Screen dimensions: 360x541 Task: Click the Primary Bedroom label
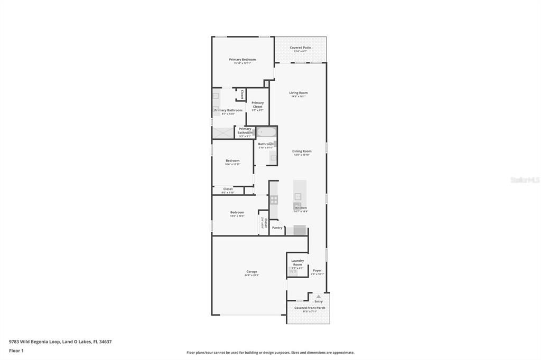click(x=242, y=60)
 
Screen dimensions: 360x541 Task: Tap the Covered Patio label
click(x=300, y=48)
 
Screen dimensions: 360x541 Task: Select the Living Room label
click(x=299, y=93)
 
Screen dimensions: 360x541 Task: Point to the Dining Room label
click(x=302, y=151)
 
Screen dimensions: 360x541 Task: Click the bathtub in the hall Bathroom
click(x=266, y=132)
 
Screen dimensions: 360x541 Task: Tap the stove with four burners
click(x=274, y=200)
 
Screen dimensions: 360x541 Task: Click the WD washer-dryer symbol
click(x=293, y=271)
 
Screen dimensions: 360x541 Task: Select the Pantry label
click(x=277, y=228)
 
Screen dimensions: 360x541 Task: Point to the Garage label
click(x=251, y=272)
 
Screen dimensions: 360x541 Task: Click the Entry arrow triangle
click(x=319, y=297)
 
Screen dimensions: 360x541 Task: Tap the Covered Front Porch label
click(x=310, y=308)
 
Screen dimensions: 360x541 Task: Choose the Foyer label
click(x=317, y=271)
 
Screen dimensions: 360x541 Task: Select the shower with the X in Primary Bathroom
click(x=223, y=132)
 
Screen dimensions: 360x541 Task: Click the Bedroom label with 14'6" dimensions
click(x=237, y=213)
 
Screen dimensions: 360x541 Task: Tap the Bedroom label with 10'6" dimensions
click(x=232, y=161)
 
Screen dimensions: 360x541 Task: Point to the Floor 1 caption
click(x=16, y=350)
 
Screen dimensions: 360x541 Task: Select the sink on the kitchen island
click(x=298, y=196)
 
